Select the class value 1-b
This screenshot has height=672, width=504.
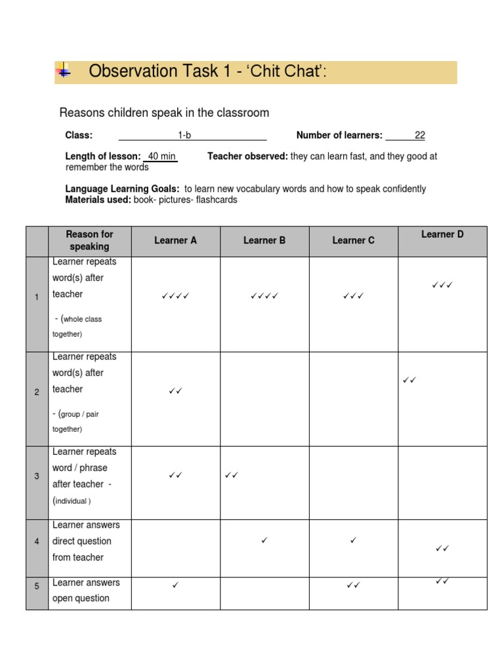(x=184, y=135)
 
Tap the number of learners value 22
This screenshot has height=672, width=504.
(x=419, y=135)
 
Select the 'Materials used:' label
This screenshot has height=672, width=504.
(x=98, y=199)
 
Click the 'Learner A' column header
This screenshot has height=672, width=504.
(x=175, y=240)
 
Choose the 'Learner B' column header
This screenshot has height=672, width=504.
(x=264, y=240)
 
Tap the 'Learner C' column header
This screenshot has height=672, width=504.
(x=353, y=240)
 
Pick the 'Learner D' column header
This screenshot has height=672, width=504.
(x=442, y=234)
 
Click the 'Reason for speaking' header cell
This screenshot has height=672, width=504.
(x=90, y=240)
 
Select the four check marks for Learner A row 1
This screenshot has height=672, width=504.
(x=175, y=297)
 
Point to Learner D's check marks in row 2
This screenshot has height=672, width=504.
(x=409, y=380)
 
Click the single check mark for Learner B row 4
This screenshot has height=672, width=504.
(x=264, y=540)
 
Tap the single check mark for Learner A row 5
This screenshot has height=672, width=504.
(x=175, y=584)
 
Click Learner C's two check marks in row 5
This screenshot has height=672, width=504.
(x=353, y=585)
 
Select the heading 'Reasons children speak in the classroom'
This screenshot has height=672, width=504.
(x=164, y=113)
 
